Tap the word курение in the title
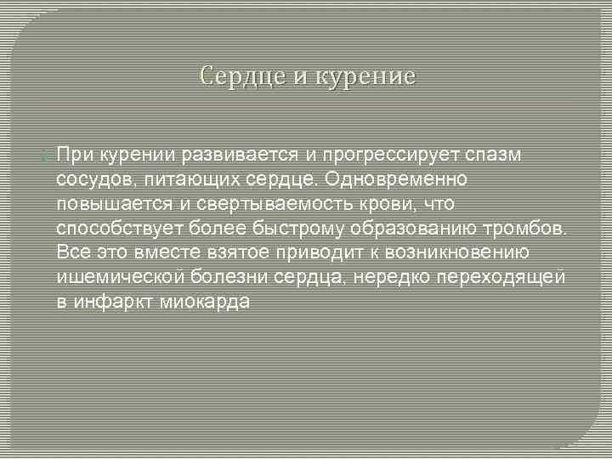367,76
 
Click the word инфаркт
113,303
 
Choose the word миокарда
204,303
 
